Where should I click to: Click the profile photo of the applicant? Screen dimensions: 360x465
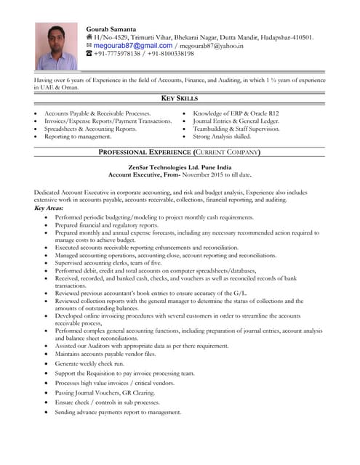tap(57, 45)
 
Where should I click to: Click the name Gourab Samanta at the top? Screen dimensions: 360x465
tap(111, 28)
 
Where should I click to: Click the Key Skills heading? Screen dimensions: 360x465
tap(180, 98)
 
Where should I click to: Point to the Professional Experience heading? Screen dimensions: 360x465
tap(180, 152)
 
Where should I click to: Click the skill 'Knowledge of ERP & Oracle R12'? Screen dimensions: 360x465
tap(235, 114)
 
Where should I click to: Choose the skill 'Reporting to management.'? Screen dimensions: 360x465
tap(78, 136)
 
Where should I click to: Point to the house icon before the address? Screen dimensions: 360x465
tap(89, 37)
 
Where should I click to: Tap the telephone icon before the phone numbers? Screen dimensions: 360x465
tap(89, 54)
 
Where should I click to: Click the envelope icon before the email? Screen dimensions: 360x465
tap(89, 45)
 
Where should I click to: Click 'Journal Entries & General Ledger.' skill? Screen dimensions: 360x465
tap(236, 121)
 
